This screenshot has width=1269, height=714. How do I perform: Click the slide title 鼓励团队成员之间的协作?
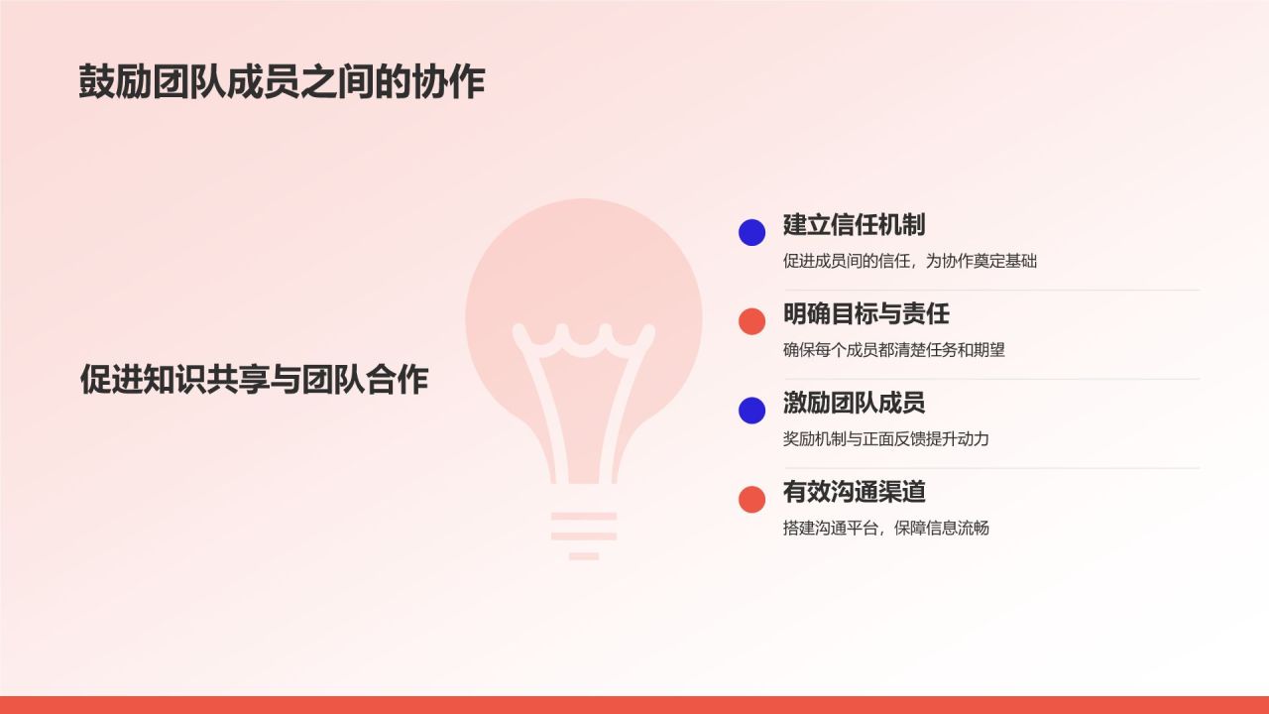(x=282, y=81)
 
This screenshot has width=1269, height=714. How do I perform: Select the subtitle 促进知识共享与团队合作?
(x=254, y=379)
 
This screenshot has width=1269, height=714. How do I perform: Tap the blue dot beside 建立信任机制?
(x=751, y=232)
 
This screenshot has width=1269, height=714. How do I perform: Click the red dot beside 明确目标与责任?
(x=751, y=321)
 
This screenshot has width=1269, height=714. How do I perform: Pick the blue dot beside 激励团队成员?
(x=751, y=411)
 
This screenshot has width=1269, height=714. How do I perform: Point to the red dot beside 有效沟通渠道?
(x=751, y=499)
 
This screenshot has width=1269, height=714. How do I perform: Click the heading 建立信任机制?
(x=854, y=224)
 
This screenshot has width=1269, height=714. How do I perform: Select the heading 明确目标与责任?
(x=865, y=313)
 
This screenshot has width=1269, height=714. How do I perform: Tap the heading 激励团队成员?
(x=854, y=403)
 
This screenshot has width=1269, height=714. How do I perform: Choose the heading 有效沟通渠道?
(x=854, y=491)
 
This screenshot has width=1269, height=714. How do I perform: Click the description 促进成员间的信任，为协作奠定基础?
(x=910, y=261)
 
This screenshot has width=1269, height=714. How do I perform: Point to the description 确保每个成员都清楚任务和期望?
(x=894, y=350)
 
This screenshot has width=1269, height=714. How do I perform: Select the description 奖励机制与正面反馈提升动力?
(x=886, y=439)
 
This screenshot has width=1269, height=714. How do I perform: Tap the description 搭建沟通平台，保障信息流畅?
(x=886, y=529)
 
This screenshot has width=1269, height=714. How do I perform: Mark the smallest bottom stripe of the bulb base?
(x=584, y=556)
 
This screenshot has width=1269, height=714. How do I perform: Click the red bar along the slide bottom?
(x=634, y=705)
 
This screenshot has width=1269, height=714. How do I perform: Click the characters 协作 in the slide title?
(x=449, y=81)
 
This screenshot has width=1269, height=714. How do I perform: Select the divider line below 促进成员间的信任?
(x=991, y=291)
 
